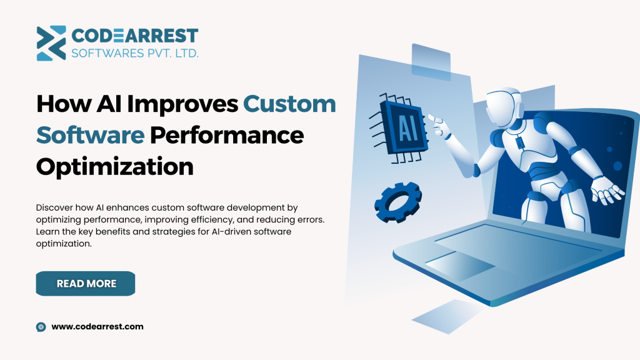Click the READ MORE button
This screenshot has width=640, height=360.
click(85, 283)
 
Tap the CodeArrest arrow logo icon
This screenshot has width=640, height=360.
click(51, 43)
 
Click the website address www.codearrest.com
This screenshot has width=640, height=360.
click(97, 326)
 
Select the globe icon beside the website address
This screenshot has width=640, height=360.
click(41, 326)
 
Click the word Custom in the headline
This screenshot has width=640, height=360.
click(289, 104)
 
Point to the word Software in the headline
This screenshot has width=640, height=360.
click(90, 135)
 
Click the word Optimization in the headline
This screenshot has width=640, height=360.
click(115, 166)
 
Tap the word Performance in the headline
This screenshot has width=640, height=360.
click(227, 135)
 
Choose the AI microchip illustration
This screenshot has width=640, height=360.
click(399, 127)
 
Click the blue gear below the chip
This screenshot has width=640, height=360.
click(398, 202)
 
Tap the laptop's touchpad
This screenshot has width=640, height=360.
click(460, 266)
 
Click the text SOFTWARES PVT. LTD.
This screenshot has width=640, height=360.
click(135, 53)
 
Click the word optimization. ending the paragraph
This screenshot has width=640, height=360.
click(64, 244)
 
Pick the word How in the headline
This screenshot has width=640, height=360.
click(63, 104)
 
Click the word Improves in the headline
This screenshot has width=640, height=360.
click(182, 104)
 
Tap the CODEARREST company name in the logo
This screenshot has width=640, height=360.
click(135, 36)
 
